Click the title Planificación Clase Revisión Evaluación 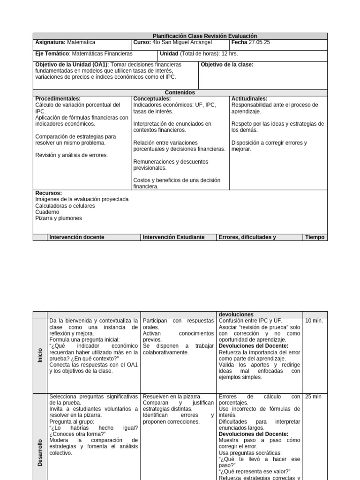pyautogui.click(x=205, y=36)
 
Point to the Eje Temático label pyautogui.click(x=52, y=54)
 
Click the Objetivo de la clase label pyautogui.click(x=227, y=65)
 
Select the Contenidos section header pyautogui.click(x=180, y=93)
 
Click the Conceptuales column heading pyautogui.click(x=152, y=99)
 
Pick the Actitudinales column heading pyautogui.click(x=249, y=99)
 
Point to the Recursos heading pyautogui.click(x=49, y=193)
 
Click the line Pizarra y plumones pyautogui.click(x=59, y=218)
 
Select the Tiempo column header pyautogui.click(x=315, y=237)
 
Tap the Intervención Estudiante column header pyautogui.click(x=174, y=237)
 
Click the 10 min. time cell pyautogui.click(x=314, y=321)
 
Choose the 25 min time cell pyautogui.click(x=313, y=397)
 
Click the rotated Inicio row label pyautogui.click(x=40, y=355)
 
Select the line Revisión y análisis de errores pyautogui.click(x=71, y=155)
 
